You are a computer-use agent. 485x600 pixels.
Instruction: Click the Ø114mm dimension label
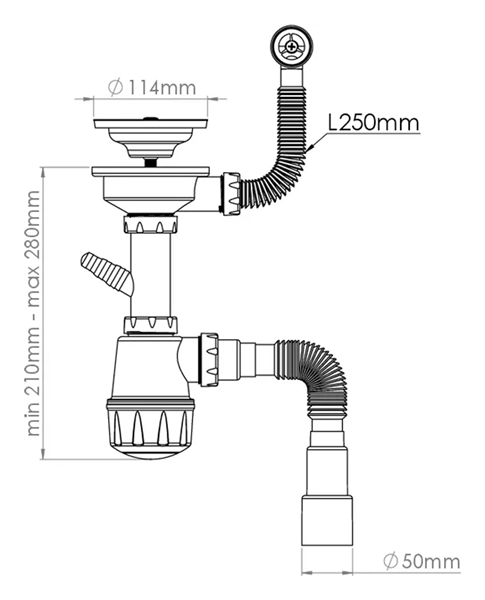click(x=152, y=88)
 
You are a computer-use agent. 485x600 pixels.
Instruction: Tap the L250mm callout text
click(x=374, y=123)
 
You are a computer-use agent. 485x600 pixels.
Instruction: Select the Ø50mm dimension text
click(x=421, y=561)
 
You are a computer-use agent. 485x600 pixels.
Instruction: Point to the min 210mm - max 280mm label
click(x=34, y=313)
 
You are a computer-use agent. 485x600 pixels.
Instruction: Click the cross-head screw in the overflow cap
click(x=292, y=47)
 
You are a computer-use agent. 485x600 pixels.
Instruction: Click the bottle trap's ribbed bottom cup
click(x=150, y=428)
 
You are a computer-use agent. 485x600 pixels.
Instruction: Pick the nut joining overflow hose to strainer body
click(x=232, y=193)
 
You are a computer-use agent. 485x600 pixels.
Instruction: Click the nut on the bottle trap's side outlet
click(x=209, y=359)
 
